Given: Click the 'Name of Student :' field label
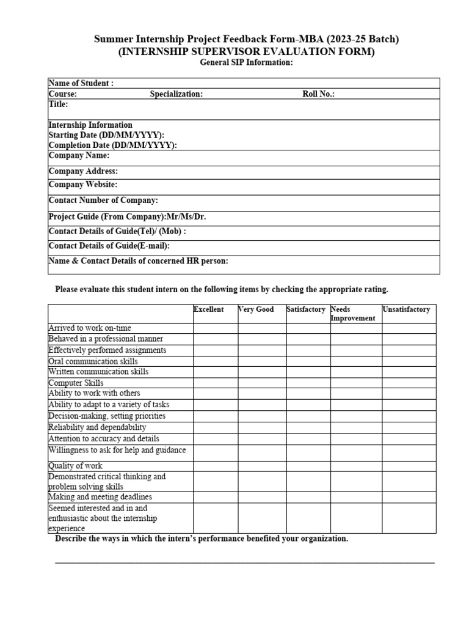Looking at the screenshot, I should click(x=81, y=84).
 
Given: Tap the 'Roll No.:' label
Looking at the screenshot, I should click(x=319, y=94).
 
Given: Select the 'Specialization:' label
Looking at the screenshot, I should click(x=176, y=94).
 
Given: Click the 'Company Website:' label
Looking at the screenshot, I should click(x=83, y=185).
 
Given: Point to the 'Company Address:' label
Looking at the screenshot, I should click(x=83, y=172).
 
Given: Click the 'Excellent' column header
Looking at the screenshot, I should click(x=209, y=309).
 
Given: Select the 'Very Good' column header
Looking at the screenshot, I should click(x=256, y=309).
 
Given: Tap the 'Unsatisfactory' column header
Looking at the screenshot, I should click(x=407, y=309).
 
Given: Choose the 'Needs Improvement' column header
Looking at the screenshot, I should click(x=353, y=314).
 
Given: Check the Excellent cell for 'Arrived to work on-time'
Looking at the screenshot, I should click(x=216, y=328).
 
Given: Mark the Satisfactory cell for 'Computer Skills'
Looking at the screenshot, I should click(x=308, y=383).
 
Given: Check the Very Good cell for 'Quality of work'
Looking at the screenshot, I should click(x=262, y=465).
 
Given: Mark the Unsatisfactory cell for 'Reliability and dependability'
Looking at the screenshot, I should click(x=409, y=427).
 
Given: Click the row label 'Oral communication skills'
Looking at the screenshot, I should click(x=93, y=361).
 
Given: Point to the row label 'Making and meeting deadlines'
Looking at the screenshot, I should click(x=100, y=497).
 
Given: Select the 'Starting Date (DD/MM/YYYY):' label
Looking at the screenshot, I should click(x=106, y=135).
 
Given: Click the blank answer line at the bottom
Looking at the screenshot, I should click(x=245, y=561).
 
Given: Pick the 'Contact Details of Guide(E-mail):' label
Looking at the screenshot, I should click(x=109, y=246).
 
